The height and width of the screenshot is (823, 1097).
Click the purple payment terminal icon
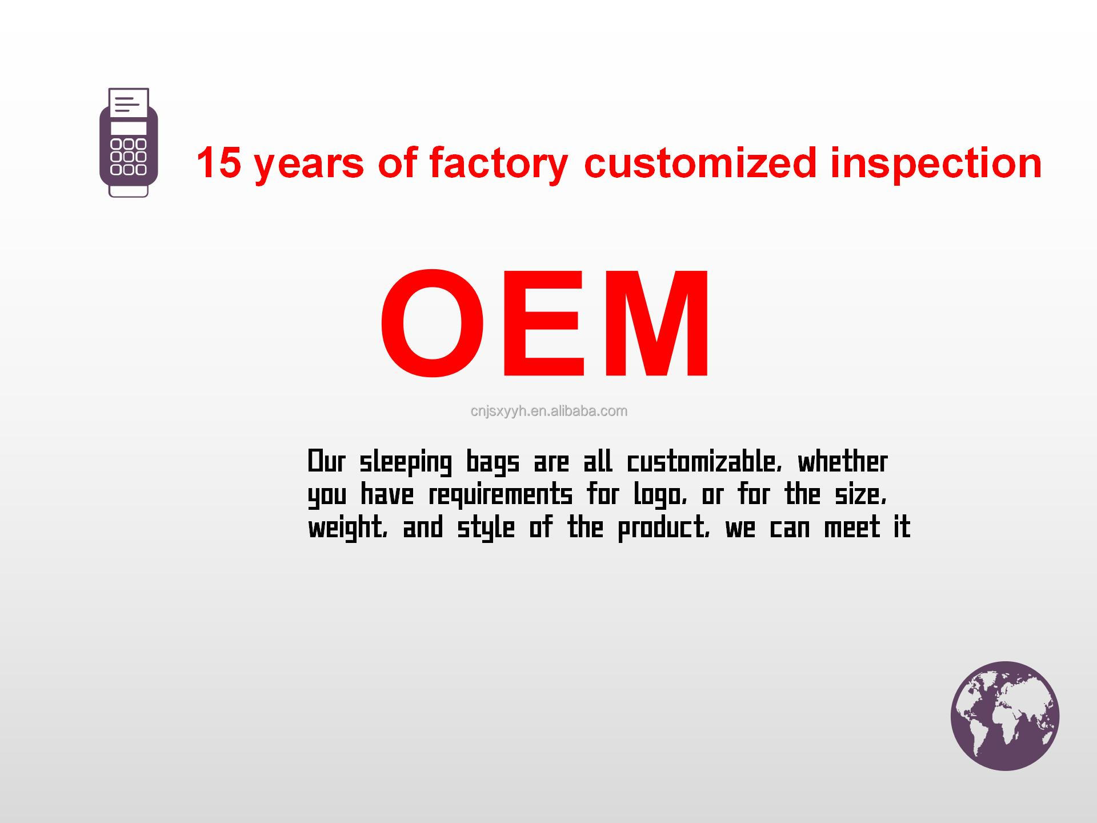coord(129,143)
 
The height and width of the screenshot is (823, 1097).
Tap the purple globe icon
coord(1005,716)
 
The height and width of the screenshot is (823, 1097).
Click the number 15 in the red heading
coord(218,162)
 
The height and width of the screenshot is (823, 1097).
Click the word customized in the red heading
coord(700,162)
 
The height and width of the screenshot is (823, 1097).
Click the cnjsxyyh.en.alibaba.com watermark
coord(548,411)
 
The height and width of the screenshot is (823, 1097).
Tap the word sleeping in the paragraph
coord(405,463)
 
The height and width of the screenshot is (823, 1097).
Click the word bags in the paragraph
coord(493,463)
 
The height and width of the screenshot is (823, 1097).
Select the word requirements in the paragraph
coord(500,495)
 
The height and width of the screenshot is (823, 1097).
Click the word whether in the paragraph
coord(843,462)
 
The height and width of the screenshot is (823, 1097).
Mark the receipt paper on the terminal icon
coord(129,103)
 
